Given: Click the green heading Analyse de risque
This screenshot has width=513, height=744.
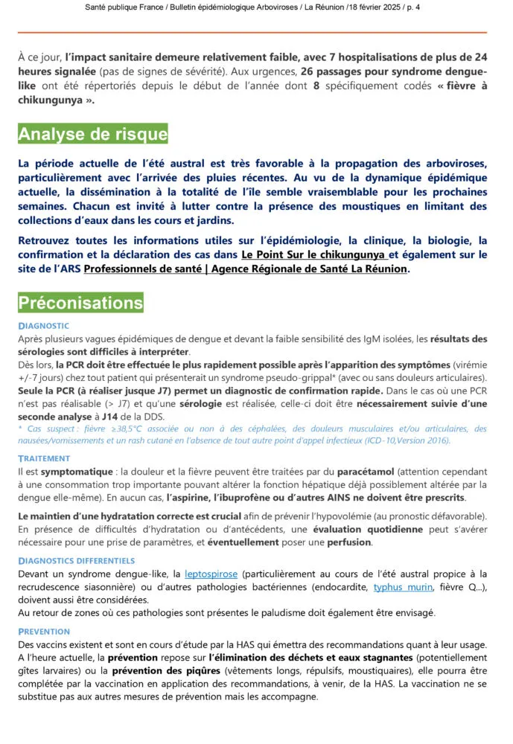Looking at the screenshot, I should click(92, 135).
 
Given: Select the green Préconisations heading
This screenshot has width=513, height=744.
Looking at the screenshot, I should click(80, 303).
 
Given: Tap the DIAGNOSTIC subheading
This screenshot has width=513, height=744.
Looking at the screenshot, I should click(43, 326).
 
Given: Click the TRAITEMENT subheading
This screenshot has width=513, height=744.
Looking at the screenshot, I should click(45, 459).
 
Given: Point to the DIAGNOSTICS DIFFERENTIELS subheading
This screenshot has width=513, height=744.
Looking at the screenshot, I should click(77, 560).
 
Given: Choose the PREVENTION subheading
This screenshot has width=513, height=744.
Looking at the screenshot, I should click(44, 632).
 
